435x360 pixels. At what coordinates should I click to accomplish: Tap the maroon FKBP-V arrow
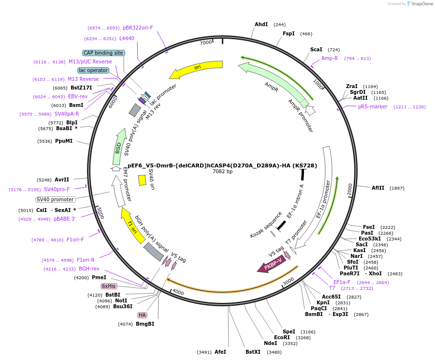coord(272,265)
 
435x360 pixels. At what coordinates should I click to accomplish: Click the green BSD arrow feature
coord(118,147)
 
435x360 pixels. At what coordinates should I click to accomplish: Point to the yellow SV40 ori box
coord(142,180)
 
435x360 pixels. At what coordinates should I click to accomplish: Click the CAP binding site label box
coord(103,53)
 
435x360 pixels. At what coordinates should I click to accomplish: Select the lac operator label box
coord(93,70)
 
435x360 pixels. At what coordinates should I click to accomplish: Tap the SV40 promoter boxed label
coord(56,199)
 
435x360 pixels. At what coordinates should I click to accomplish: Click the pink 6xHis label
coord(108,286)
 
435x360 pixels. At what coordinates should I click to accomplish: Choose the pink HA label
coord(142,315)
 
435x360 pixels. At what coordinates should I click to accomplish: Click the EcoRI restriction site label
coord(282,337)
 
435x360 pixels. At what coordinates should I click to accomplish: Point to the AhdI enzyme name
coord(261,25)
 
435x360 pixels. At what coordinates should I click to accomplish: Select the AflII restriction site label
coord(378,188)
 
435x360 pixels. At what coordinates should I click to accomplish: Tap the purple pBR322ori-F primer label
coord(138,28)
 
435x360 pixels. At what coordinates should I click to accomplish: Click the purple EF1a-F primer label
coord(342,282)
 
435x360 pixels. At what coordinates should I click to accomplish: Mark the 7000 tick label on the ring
coord(206,43)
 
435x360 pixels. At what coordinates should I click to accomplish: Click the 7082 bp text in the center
coord(222,171)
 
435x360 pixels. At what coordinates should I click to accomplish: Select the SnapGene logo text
coord(422,3)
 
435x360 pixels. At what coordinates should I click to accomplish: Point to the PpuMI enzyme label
coord(64,141)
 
